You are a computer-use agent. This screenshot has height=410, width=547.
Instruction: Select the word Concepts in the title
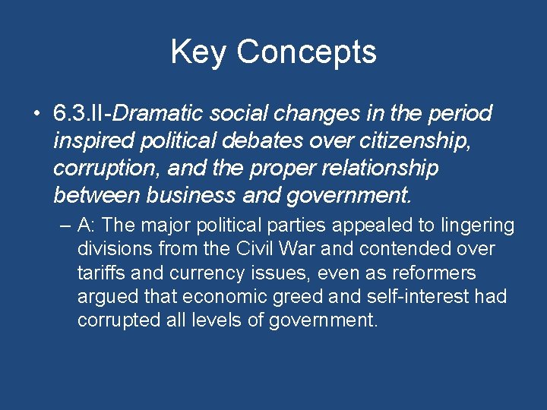click(306, 52)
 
